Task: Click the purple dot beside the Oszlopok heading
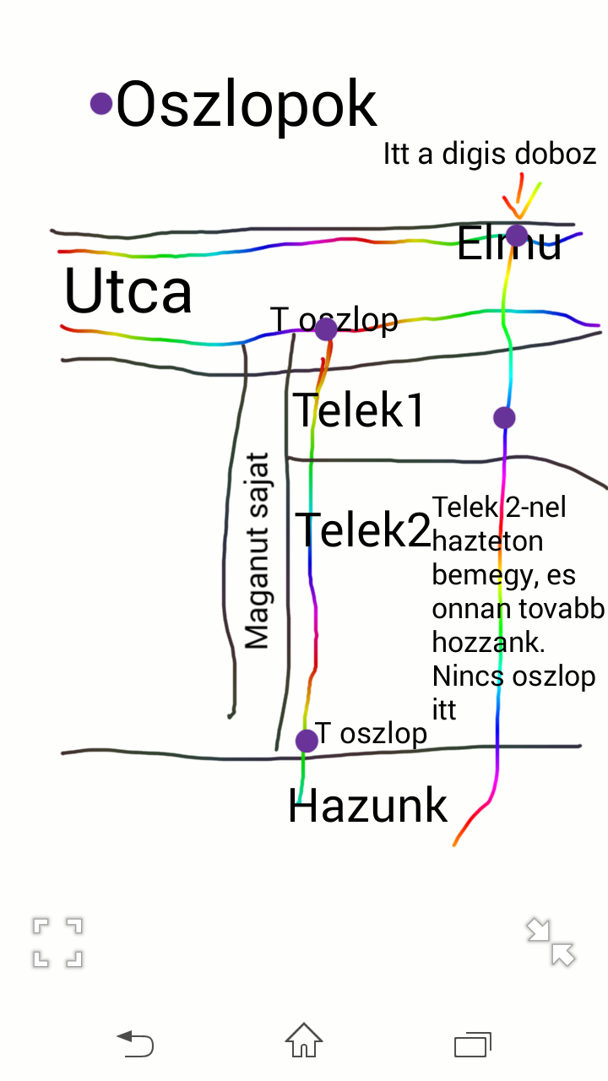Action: click(x=101, y=103)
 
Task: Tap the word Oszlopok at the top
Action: click(x=246, y=105)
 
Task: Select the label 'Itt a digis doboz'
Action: click(x=490, y=154)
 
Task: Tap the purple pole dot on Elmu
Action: click(x=517, y=235)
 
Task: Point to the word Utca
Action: click(x=128, y=291)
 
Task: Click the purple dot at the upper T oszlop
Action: click(x=326, y=329)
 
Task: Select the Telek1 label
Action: click(x=358, y=411)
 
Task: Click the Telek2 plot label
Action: click(x=363, y=530)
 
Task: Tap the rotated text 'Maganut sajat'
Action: click(x=257, y=551)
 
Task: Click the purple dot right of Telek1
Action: click(x=504, y=417)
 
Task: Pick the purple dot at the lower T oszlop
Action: click(x=307, y=741)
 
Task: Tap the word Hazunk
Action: click(x=367, y=806)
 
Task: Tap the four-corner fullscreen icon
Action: click(x=58, y=942)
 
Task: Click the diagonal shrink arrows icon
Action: click(x=551, y=942)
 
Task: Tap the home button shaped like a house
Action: click(x=304, y=1040)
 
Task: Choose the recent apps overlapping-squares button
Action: click(x=473, y=1043)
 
